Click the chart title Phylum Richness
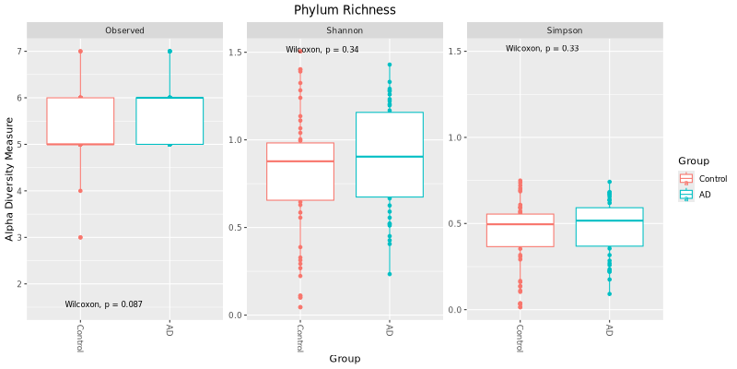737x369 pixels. pyautogui.click(x=345, y=10)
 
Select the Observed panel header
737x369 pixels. pyautogui.click(x=124, y=30)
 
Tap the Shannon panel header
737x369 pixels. pyautogui.click(x=345, y=30)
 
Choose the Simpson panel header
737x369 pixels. pyautogui.click(x=565, y=30)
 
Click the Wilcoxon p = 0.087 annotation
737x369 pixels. pyautogui.click(x=103, y=304)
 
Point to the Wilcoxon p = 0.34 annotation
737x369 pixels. pyautogui.click(x=322, y=49)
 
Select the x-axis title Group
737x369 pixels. pyautogui.click(x=345, y=359)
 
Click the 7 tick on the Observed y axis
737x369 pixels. pyautogui.click(x=18, y=52)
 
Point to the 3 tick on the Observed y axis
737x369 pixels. pyautogui.click(x=18, y=237)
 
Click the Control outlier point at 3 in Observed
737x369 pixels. pyautogui.click(x=80, y=237)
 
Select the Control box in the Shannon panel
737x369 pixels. pyautogui.click(x=300, y=172)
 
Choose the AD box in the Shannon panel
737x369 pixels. pyautogui.click(x=389, y=155)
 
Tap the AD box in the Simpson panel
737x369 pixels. pyautogui.click(x=609, y=227)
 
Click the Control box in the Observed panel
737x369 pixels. pyautogui.click(x=80, y=121)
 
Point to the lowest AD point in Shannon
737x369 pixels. pyautogui.click(x=389, y=274)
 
